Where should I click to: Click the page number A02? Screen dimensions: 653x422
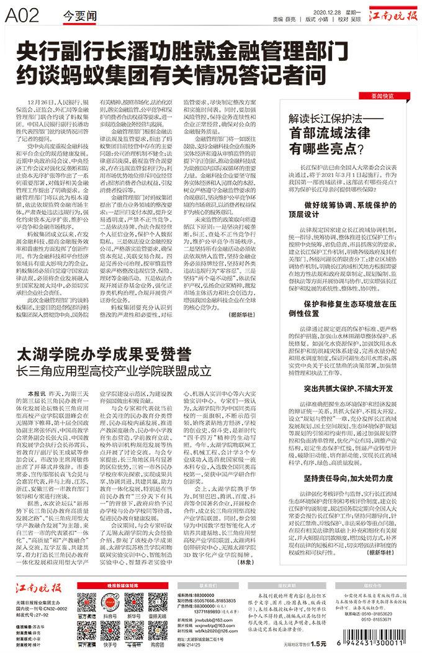[x=23, y=17]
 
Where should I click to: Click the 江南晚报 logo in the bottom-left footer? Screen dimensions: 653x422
[x=38, y=588]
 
